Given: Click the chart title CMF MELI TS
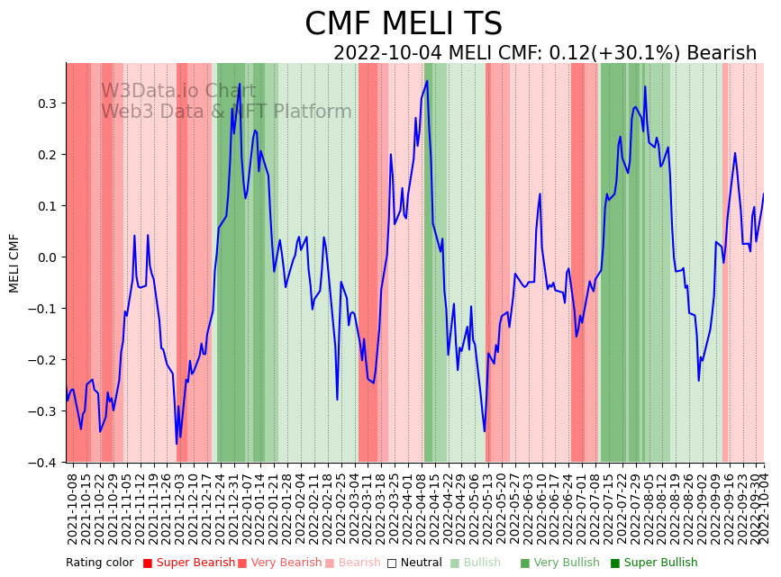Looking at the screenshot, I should point(403,24).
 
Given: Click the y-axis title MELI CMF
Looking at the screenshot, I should point(14,263).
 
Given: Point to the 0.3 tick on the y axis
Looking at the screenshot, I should point(48,104).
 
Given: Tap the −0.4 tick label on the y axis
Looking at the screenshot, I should point(45,463).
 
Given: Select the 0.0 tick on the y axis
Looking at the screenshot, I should point(48,257).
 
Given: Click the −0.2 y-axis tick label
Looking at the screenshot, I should point(45,360).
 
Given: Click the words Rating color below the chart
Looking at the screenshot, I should point(99,563).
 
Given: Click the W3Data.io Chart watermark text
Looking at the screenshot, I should point(178,91).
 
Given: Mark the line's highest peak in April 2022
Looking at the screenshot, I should point(427,81).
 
